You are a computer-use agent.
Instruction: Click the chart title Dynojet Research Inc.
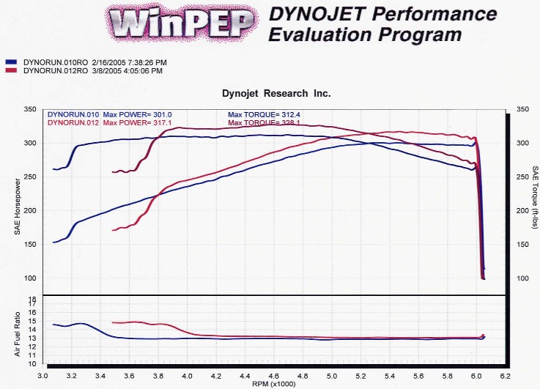point(276,94)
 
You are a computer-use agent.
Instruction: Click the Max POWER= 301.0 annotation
point(137,114)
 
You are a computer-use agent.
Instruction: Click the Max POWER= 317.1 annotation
point(137,122)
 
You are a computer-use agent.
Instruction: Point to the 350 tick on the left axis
point(30,109)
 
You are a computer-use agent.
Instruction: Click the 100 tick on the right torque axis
point(522,278)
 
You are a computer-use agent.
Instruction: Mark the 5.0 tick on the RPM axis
point(332,374)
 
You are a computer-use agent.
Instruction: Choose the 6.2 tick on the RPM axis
point(505,374)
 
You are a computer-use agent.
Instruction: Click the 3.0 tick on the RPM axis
point(44,374)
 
